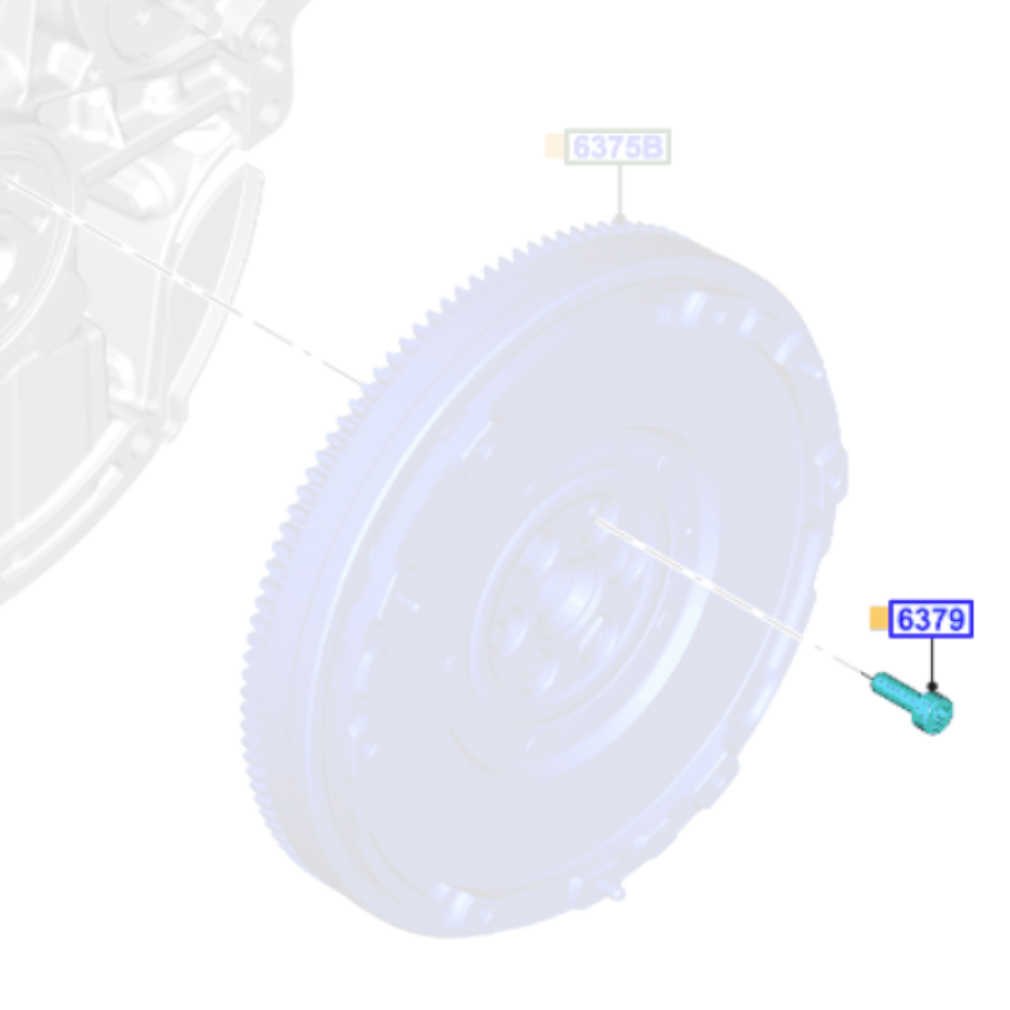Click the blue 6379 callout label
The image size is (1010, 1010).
click(931, 619)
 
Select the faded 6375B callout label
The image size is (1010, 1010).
click(618, 147)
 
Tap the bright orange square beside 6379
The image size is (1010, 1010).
click(878, 618)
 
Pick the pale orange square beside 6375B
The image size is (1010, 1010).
click(554, 146)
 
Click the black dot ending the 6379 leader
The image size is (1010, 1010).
click(931, 686)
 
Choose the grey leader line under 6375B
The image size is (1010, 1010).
click(619, 191)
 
